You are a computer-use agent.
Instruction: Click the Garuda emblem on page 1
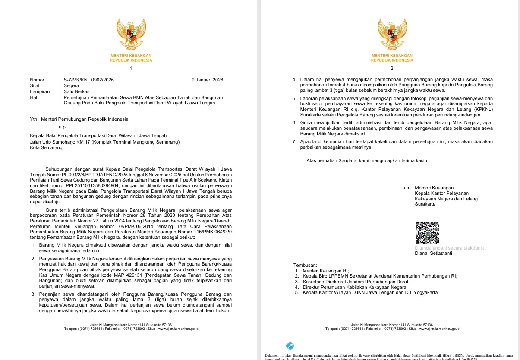pyautogui.click(x=131, y=34)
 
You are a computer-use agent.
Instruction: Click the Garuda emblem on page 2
pyautogui.click(x=392, y=34)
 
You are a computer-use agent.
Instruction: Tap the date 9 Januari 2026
pyautogui.click(x=207, y=80)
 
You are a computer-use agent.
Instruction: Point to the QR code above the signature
pyautogui.click(x=427, y=233)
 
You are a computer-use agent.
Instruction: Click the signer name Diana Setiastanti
pyautogui.click(x=433, y=254)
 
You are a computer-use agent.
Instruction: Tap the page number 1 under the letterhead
pyautogui.click(x=131, y=69)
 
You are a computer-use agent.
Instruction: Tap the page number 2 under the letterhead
pyautogui.click(x=392, y=69)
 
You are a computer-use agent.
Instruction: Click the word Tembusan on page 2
pyautogui.click(x=305, y=265)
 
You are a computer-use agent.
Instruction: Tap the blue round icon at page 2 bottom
pyautogui.click(x=290, y=346)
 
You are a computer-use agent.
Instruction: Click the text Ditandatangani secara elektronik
pyautogui.click(x=449, y=248)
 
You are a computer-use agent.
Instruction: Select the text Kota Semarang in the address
pyautogui.click(x=46, y=147)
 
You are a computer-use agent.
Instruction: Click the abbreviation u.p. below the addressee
pyautogui.click(x=63, y=127)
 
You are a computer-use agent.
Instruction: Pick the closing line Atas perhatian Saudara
pyautogui.click(x=367, y=161)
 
